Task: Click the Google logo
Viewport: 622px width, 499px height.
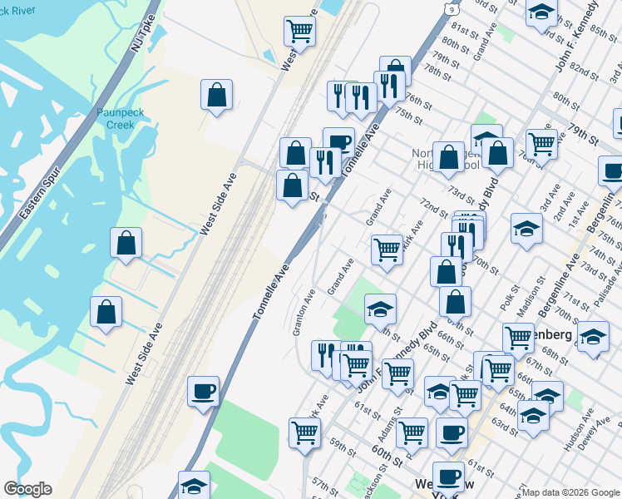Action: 27,489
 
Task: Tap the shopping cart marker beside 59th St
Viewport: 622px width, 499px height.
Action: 305,432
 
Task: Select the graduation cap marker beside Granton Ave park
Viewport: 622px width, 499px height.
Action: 380,310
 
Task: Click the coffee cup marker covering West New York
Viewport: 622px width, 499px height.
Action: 449,477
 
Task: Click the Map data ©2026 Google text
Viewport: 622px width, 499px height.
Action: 571,492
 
